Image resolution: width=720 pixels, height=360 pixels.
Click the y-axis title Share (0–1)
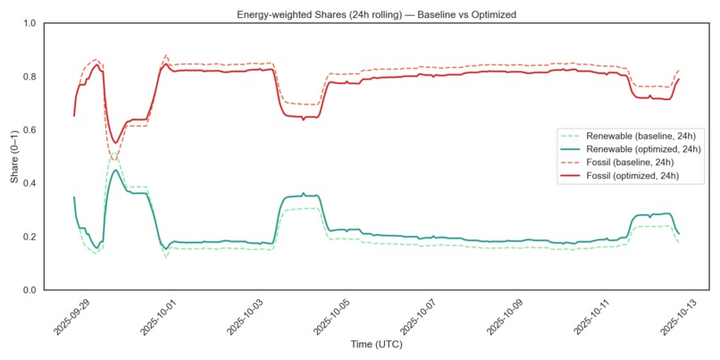click(x=15, y=156)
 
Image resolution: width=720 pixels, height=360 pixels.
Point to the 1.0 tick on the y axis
click(x=30, y=23)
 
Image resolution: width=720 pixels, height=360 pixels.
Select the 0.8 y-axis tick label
click(x=30, y=77)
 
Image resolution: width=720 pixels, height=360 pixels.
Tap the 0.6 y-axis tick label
click(x=30, y=130)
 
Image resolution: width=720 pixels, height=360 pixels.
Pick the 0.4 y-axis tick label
click(x=30, y=183)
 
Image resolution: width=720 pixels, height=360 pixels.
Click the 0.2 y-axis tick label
click(x=30, y=237)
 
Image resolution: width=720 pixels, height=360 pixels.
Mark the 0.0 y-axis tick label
click(x=30, y=290)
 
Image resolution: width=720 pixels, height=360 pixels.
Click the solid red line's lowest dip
click(x=114, y=143)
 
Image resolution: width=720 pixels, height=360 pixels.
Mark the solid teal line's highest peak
click(x=114, y=170)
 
